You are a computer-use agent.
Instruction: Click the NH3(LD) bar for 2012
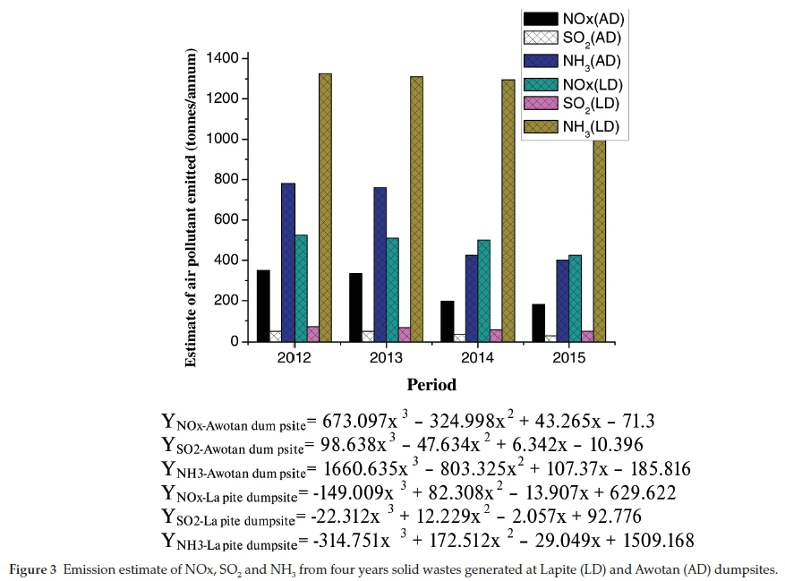(325, 207)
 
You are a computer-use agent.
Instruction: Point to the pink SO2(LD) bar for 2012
(312, 333)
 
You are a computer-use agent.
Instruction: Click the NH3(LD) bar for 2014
(508, 210)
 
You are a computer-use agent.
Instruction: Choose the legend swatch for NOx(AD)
(540, 18)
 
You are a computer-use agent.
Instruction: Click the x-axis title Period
(431, 385)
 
